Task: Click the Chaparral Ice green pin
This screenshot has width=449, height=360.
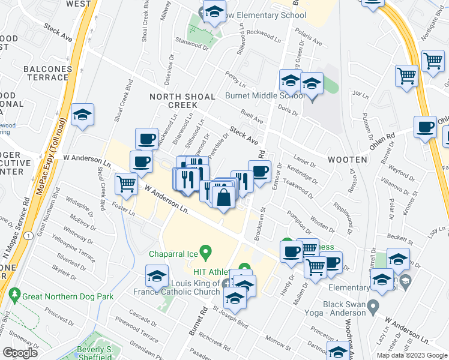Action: coord(205,251)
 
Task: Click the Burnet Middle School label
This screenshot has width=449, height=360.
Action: coord(265,95)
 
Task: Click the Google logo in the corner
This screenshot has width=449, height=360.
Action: coord(20,353)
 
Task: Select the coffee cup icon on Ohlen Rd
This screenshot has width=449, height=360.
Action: coord(426,127)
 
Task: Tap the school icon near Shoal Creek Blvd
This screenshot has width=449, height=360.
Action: coord(82,115)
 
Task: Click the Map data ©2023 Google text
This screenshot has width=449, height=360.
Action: coord(411,355)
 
